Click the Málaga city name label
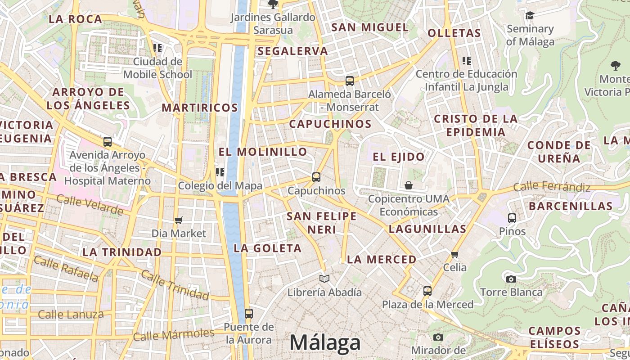coord(325,343)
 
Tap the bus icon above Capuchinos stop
coord(316,177)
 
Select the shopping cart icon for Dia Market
coord(179,220)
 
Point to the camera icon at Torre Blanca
coord(511,279)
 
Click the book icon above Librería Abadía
coord(324,279)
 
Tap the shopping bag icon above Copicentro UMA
coord(409,185)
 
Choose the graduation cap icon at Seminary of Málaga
coord(530,16)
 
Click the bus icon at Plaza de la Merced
coord(427,291)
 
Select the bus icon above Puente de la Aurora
coord(248,314)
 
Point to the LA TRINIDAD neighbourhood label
coord(122,252)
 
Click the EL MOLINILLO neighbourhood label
coord(263,152)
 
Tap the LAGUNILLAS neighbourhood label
coord(427,229)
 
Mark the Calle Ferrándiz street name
coord(551,186)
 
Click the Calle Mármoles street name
coord(174,334)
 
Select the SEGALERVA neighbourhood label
coord(293,51)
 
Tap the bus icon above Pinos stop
coord(512,218)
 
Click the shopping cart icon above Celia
coord(455,255)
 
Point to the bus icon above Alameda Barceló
coord(350,81)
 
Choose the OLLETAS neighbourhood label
coord(454,33)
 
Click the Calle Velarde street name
coord(90,205)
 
